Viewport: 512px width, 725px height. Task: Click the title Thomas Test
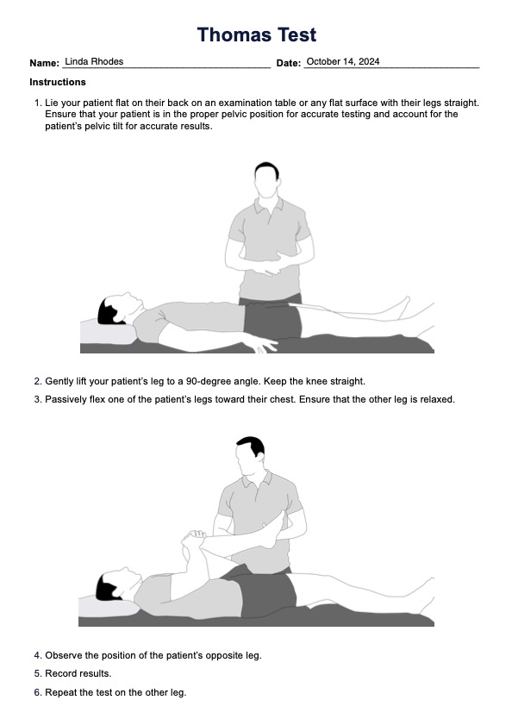pyautogui.click(x=257, y=34)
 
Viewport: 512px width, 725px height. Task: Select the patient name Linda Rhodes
pyautogui.click(x=94, y=61)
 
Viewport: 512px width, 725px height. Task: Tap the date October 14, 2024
pyautogui.click(x=343, y=61)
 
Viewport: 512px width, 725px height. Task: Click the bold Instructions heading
pyautogui.click(x=58, y=82)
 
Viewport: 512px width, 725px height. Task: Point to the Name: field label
pyautogui.click(x=45, y=63)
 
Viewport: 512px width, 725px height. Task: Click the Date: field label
pyautogui.click(x=289, y=63)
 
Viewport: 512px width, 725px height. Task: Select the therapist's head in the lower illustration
pyautogui.click(x=250, y=455)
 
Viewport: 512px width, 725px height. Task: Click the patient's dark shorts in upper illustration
pyautogui.click(x=272, y=319)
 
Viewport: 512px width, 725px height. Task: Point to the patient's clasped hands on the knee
pyautogui.click(x=193, y=539)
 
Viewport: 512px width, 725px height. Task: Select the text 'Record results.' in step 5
pyautogui.click(x=78, y=673)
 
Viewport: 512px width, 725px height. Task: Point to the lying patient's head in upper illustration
pyautogui.click(x=119, y=309)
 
